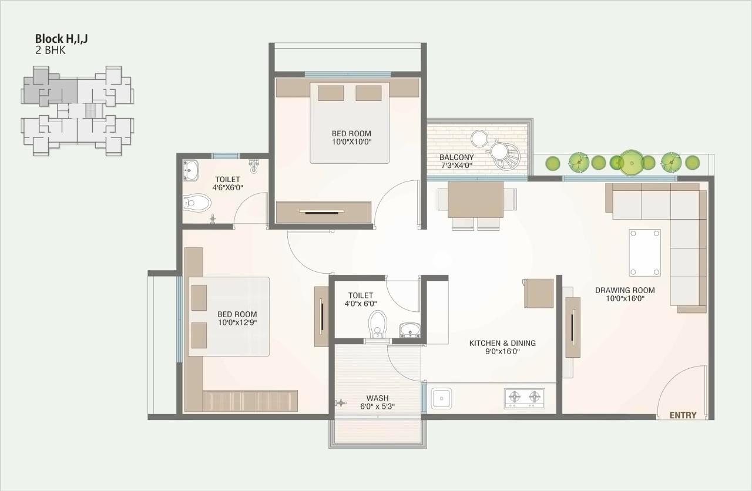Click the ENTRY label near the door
point(683,415)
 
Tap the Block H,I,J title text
point(62,39)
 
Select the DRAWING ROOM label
point(625,290)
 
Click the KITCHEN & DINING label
point(502,343)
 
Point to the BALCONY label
point(456,157)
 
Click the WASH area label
point(377,398)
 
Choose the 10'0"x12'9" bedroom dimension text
point(237,322)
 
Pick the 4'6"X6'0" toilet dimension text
point(227,188)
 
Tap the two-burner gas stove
point(524,398)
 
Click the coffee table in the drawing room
point(644,253)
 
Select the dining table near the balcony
point(475,200)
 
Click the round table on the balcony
point(480,138)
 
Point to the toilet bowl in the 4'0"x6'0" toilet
point(377,324)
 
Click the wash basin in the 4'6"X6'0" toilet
point(190,170)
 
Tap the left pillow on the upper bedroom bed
point(331,93)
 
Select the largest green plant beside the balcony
point(631,162)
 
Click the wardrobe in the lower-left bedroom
point(250,401)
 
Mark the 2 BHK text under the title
point(51,51)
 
